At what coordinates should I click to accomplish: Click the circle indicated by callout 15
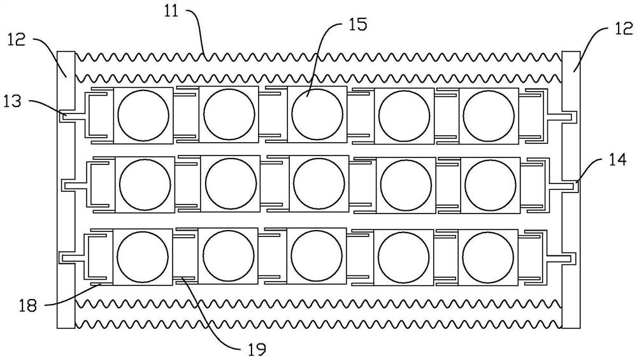317,115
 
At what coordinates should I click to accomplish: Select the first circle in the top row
144,115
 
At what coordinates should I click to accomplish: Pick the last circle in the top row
488,115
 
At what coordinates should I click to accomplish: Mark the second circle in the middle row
231,184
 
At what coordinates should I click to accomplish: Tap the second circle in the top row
229,115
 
